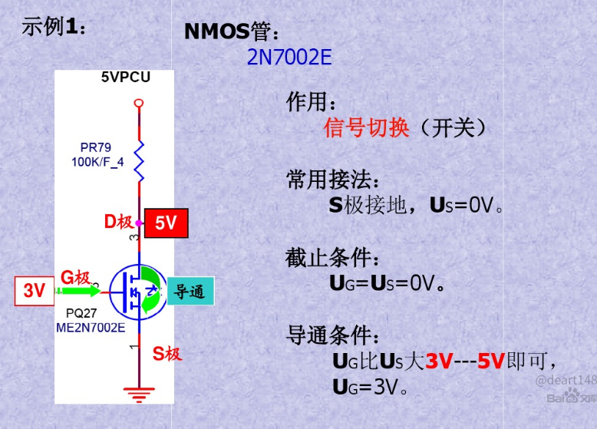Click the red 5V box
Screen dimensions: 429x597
166,223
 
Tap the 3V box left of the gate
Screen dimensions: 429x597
34,291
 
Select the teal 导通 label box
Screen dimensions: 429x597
190,291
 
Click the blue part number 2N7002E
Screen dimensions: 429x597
289,58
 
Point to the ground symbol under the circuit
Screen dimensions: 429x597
138,395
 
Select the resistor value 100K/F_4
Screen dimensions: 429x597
97,163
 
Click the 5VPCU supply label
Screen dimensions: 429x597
126,78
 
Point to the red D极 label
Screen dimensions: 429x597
118,223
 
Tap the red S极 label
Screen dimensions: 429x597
167,354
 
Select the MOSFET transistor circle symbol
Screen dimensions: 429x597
136,292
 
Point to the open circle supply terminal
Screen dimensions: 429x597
139,103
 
